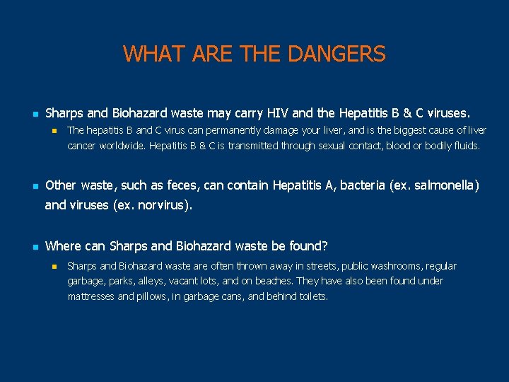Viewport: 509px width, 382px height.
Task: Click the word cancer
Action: [82, 146]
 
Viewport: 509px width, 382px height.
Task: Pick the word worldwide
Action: [123, 146]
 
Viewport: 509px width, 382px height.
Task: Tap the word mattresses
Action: [90, 296]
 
